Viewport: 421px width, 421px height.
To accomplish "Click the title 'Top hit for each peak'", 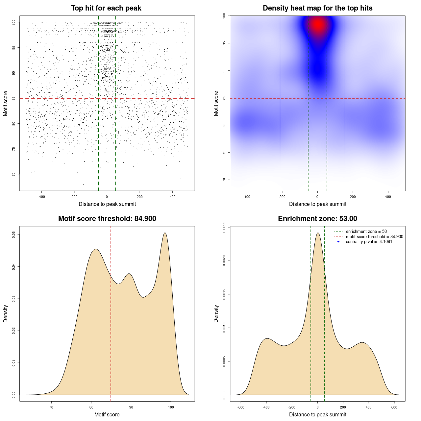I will [106, 8].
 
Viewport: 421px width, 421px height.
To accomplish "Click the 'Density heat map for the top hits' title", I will [317, 8].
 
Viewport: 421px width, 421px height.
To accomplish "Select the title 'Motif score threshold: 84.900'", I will [107, 219].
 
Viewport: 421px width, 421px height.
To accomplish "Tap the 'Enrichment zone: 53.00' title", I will [317, 219].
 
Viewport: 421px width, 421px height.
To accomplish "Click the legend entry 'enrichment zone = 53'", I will [366, 232].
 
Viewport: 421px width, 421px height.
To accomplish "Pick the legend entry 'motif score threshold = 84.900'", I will [374, 236].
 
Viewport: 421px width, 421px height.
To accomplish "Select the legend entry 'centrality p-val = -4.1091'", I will [369, 242].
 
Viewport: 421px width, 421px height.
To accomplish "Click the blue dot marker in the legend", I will [338, 242].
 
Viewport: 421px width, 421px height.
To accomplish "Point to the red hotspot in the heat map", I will [318, 24].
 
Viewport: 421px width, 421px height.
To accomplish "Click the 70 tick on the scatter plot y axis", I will [14, 174].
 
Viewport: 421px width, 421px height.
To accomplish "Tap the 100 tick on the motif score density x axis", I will [171, 407].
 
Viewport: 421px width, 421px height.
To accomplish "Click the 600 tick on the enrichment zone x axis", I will [394, 407].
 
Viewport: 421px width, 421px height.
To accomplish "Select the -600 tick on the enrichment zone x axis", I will [241, 407].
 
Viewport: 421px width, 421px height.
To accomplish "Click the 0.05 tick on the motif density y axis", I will [14, 235].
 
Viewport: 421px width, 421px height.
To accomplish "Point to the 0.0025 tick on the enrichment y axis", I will [224, 227].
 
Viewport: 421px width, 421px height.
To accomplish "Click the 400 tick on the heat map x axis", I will [388, 197].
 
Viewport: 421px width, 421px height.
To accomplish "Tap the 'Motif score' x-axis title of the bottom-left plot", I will [107, 414].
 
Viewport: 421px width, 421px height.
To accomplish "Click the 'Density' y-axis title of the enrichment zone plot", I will [216, 313].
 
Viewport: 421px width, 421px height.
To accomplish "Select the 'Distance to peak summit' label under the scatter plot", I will [107, 204].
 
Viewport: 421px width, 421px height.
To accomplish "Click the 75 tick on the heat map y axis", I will [224, 152].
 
